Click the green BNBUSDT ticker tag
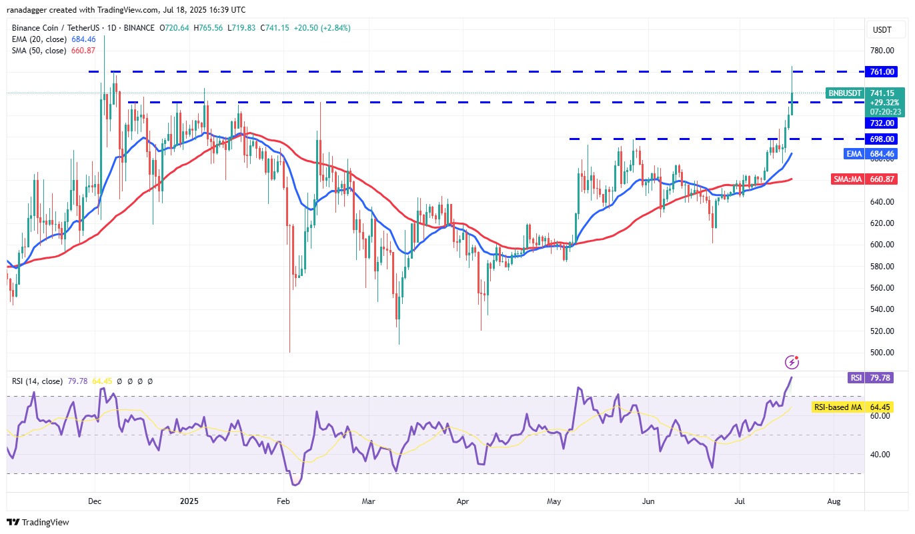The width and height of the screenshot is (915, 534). tap(844, 93)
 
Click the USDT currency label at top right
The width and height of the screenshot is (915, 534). tap(883, 30)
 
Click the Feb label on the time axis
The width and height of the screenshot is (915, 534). tap(283, 500)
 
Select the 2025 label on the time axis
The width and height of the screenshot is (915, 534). tap(189, 500)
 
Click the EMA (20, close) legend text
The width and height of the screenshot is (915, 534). tap(39, 39)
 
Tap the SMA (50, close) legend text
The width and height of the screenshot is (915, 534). tap(39, 51)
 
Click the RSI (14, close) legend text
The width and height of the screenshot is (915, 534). tap(37, 381)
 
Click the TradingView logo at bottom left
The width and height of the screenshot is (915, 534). tap(38, 523)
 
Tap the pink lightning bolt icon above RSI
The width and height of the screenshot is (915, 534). tap(792, 362)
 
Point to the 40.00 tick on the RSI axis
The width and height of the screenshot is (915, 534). tap(882, 455)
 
